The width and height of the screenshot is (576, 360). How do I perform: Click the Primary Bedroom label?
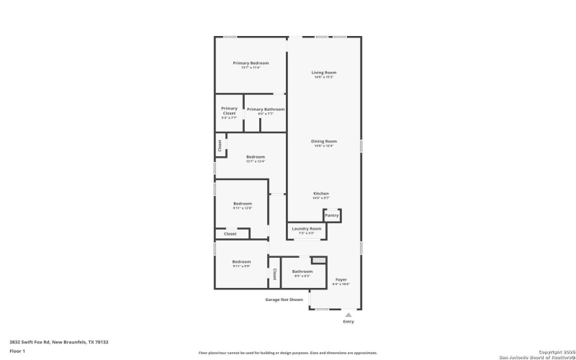pos(251,63)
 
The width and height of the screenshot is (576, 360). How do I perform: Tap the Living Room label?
pos(323,73)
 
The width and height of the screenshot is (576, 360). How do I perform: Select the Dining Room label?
pos(323,141)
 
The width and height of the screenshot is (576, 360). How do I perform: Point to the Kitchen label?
pos(321,194)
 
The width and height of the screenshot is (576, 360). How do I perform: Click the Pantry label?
pos(331,215)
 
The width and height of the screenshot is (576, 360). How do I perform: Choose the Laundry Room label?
pos(307,228)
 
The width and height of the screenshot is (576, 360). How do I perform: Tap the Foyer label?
pos(341,279)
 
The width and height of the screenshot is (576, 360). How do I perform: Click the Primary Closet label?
pos(229,111)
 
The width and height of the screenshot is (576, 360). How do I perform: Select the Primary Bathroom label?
pos(265,109)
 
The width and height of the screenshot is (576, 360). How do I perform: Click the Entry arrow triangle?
pos(348,315)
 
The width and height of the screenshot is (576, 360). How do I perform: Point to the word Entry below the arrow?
pos(348,322)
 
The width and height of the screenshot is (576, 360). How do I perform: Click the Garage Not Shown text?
pos(284,300)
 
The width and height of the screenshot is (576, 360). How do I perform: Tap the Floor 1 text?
pos(17,351)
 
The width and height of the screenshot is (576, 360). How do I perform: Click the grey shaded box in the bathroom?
pos(318,260)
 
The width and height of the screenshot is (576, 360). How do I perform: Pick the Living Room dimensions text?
pos(323,77)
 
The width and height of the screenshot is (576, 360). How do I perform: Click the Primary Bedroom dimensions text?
pos(251,67)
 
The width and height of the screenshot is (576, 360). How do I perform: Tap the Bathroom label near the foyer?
pos(302,271)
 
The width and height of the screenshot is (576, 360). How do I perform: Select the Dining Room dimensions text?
pos(323,146)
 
